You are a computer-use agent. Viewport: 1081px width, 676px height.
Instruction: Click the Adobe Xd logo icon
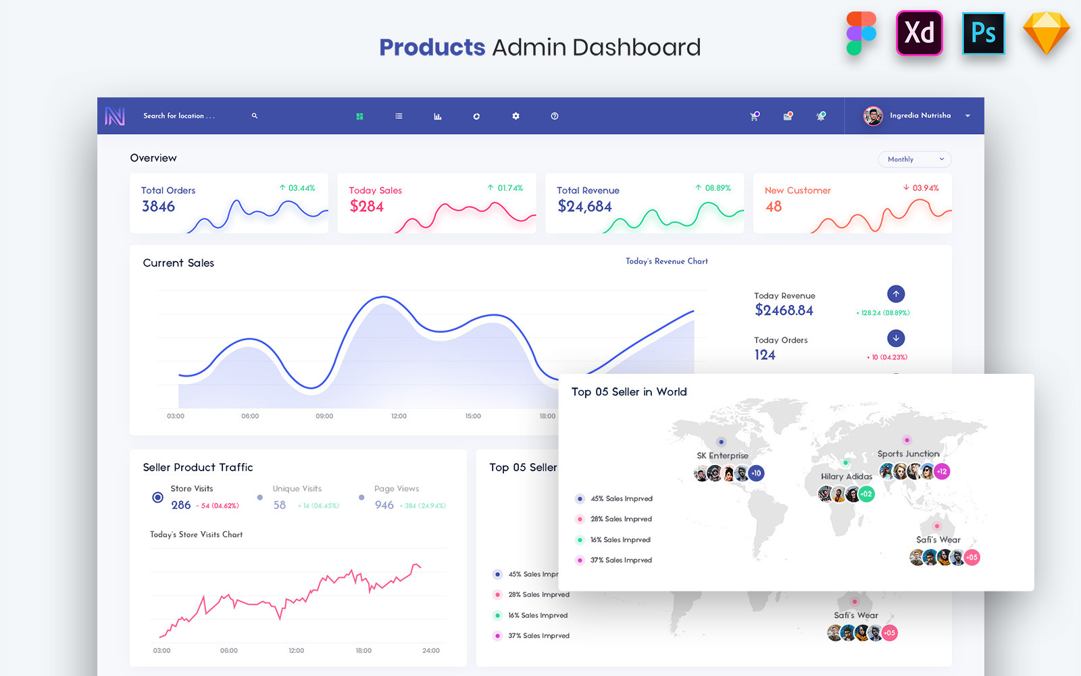tap(919, 33)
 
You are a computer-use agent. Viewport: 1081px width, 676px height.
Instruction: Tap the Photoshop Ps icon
tap(983, 33)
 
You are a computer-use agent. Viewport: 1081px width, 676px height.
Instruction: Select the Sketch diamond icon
tap(1046, 33)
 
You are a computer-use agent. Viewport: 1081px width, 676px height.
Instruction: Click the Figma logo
tap(861, 33)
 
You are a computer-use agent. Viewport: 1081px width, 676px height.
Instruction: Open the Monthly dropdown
tap(915, 160)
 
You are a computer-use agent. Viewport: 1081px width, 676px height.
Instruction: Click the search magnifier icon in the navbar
tap(255, 116)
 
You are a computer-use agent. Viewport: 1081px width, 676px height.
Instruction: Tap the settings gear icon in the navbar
tap(516, 116)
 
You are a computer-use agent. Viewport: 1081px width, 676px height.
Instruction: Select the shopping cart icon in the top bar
tap(754, 116)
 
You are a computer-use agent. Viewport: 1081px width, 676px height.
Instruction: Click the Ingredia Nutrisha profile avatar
tap(873, 116)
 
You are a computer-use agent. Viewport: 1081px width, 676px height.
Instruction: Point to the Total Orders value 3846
tap(159, 207)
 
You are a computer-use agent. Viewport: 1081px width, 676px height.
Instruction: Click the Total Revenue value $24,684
tap(584, 207)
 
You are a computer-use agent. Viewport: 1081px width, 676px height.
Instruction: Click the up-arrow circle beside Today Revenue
tap(896, 294)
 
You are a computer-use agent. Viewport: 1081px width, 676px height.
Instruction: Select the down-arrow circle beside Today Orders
tap(896, 338)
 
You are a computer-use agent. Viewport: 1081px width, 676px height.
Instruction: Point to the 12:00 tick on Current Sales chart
tap(399, 416)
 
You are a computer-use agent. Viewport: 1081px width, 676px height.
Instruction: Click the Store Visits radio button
tap(157, 498)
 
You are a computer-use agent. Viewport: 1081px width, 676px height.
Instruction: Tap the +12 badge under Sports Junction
tap(942, 471)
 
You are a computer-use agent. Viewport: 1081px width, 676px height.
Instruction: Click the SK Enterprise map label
tap(722, 456)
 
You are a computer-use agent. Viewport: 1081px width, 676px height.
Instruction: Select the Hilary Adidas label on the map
tap(847, 477)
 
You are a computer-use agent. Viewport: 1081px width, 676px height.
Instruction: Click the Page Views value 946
tap(384, 506)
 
